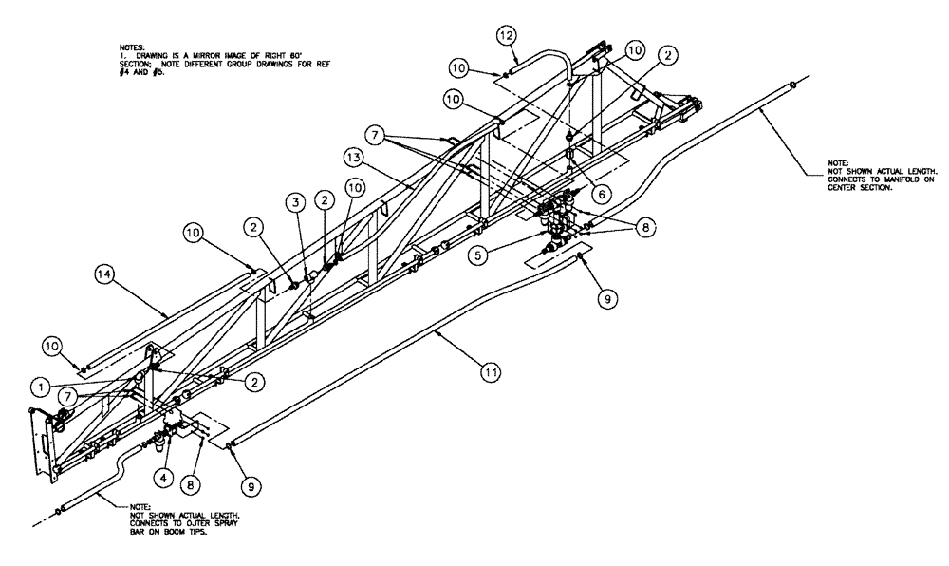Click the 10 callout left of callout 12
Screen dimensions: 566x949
(457, 68)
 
